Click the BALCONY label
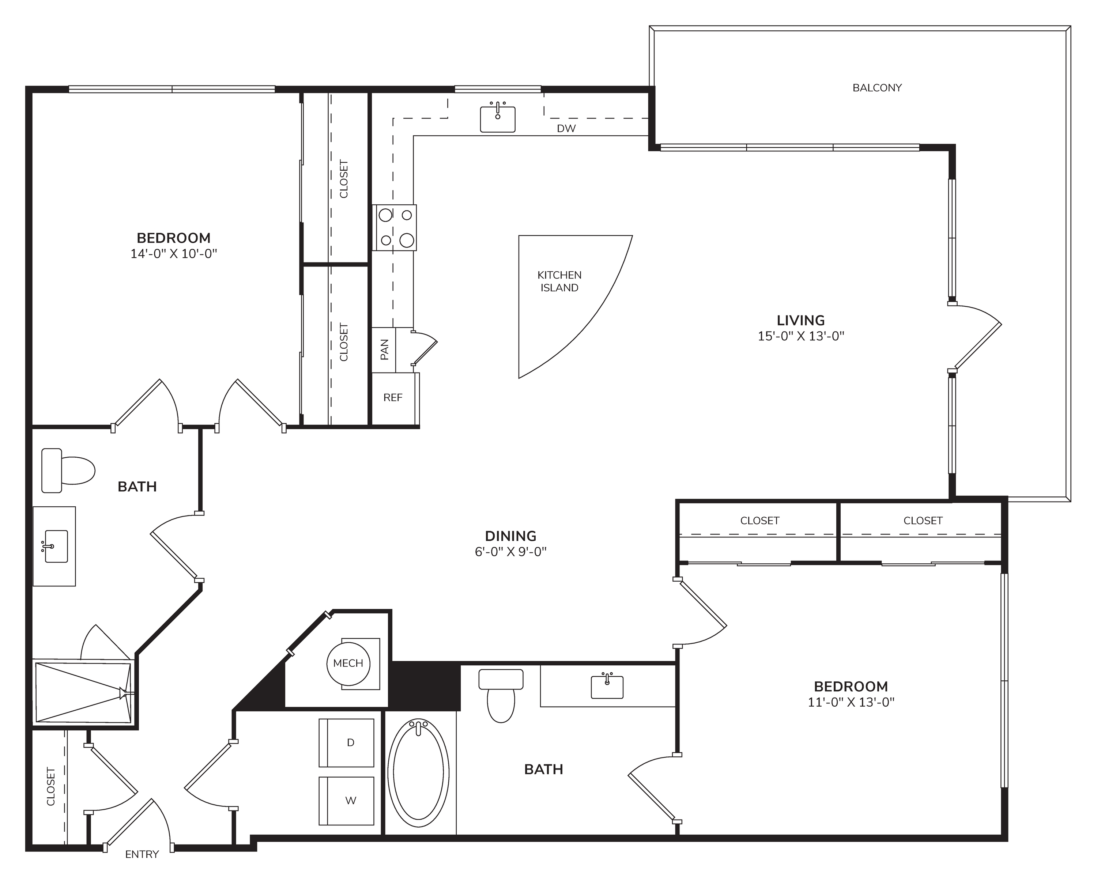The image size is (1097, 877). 877,88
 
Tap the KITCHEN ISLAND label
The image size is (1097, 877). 559,281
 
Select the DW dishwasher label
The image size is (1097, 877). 566,129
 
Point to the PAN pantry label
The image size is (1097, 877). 385,349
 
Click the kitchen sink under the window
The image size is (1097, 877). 498,119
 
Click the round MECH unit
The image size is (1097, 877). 348,664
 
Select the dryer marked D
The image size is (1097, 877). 347,743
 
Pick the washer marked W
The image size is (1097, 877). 347,801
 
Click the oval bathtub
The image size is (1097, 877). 418,776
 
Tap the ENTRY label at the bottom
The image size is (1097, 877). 142,855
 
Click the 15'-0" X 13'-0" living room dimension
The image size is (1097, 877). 801,336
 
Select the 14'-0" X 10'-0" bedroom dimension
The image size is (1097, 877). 174,254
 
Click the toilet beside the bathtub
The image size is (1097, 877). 501,695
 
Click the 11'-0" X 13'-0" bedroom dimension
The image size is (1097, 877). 851,703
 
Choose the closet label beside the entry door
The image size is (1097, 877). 50,786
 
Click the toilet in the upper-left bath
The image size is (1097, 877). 68,470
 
